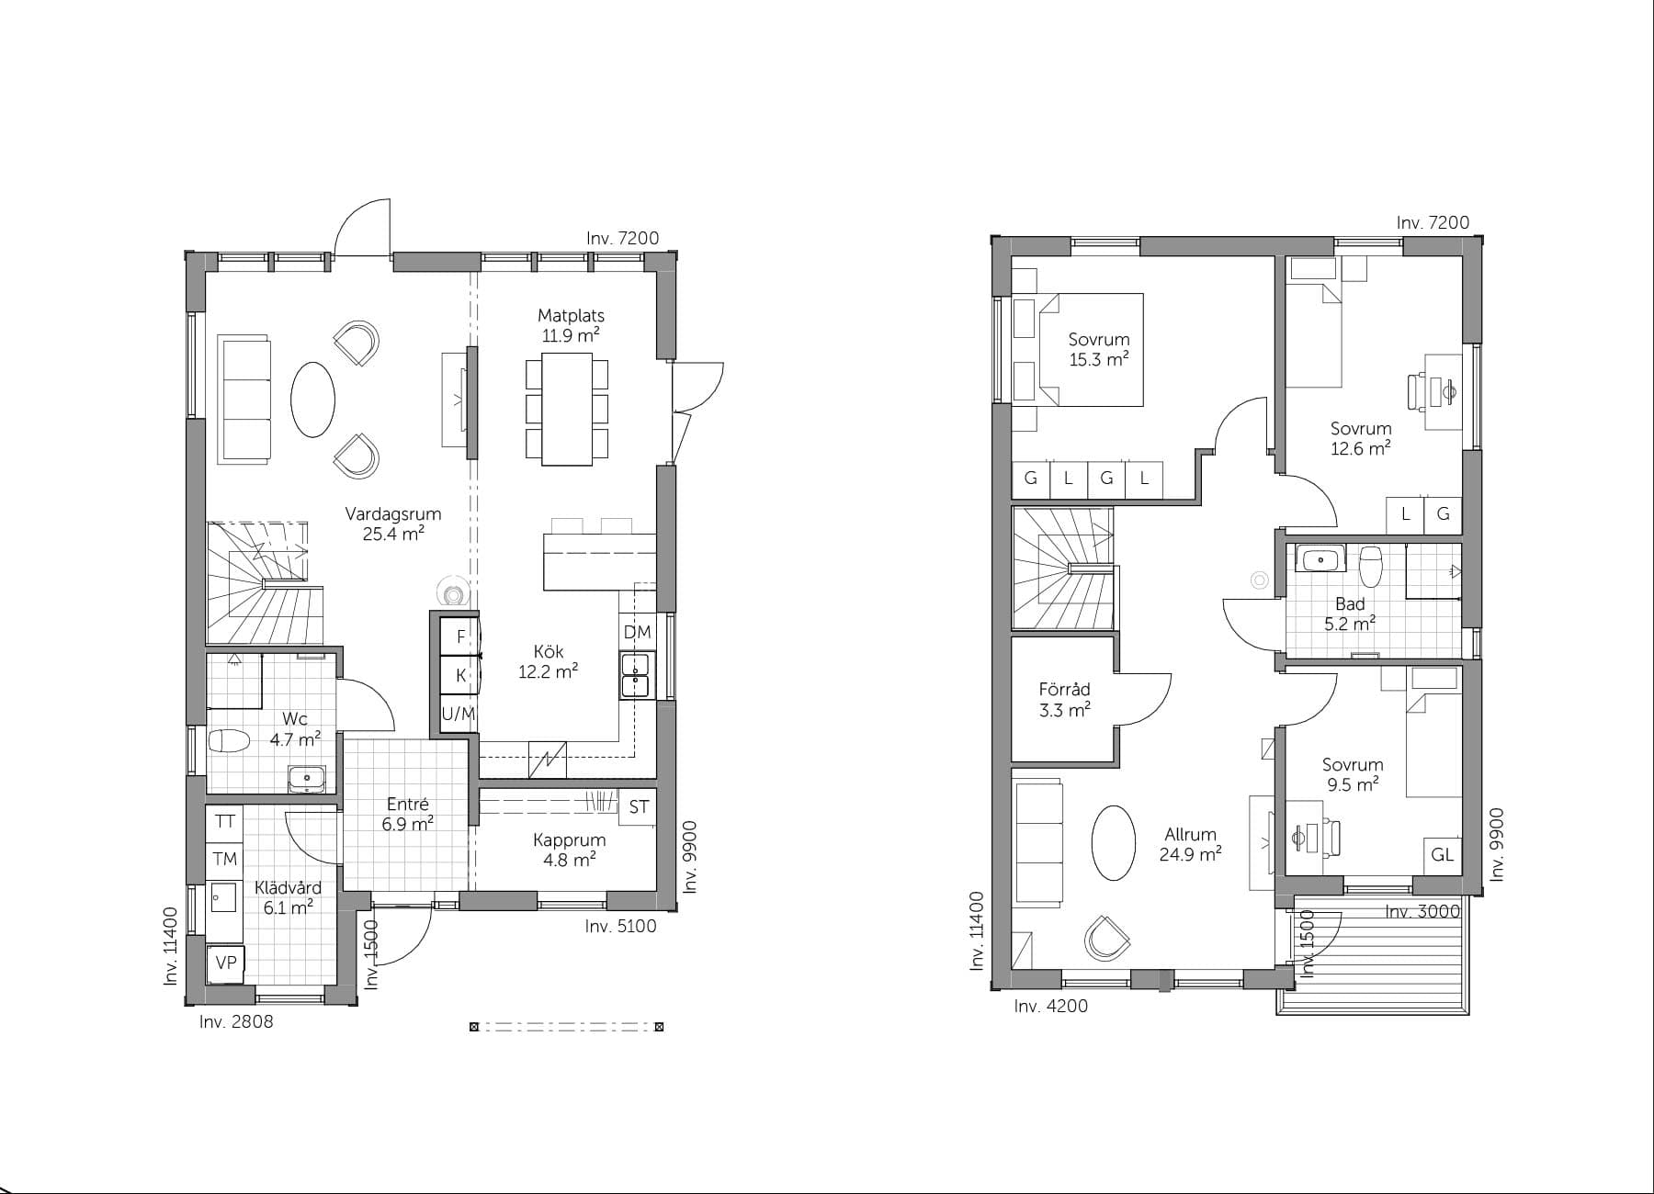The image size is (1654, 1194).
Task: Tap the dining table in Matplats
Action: tap(567, 411)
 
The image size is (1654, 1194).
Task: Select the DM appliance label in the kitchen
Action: tap(637, 632)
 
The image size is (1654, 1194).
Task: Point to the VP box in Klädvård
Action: tap(226, 962)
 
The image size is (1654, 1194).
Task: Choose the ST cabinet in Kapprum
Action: tap(639, 807)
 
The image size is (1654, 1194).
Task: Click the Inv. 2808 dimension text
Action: tap(236, 1021)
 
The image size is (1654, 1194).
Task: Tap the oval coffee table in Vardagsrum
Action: tap(312, 400)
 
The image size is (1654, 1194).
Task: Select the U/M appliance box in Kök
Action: tap(458, 713)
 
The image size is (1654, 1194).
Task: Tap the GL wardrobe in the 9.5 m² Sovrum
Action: tap(1443, 855)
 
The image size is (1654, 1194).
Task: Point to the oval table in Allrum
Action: tap(1113, 844)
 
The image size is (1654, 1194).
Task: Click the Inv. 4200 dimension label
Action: tap(1051, 1006)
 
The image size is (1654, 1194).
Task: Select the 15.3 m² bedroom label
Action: tap(1099, 349)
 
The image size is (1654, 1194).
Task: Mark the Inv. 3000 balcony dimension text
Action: tap(1422, 911)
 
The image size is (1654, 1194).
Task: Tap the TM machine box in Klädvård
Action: tap(225, 859)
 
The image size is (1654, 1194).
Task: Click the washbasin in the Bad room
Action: tap(1320, 558)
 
